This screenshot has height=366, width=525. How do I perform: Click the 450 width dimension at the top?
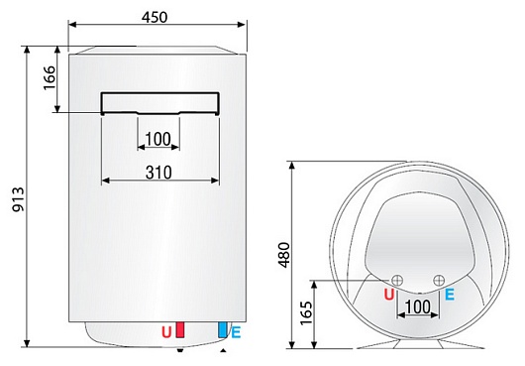(154, 17)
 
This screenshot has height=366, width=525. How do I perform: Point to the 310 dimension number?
(157, 172)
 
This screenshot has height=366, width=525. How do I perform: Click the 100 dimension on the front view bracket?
(158, 138)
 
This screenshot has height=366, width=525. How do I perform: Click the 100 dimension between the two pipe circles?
(419, 306)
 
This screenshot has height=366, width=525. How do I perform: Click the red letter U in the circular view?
(388, 294)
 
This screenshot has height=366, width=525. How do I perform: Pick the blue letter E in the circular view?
(450, 294)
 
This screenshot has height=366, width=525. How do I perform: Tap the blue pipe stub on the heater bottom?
(224, 333)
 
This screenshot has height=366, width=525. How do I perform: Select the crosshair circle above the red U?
(397, 279)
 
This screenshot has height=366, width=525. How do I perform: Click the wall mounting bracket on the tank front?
(159, 102)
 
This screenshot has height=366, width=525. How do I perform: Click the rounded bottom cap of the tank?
(154, 331)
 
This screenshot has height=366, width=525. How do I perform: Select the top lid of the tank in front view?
(154, 49)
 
